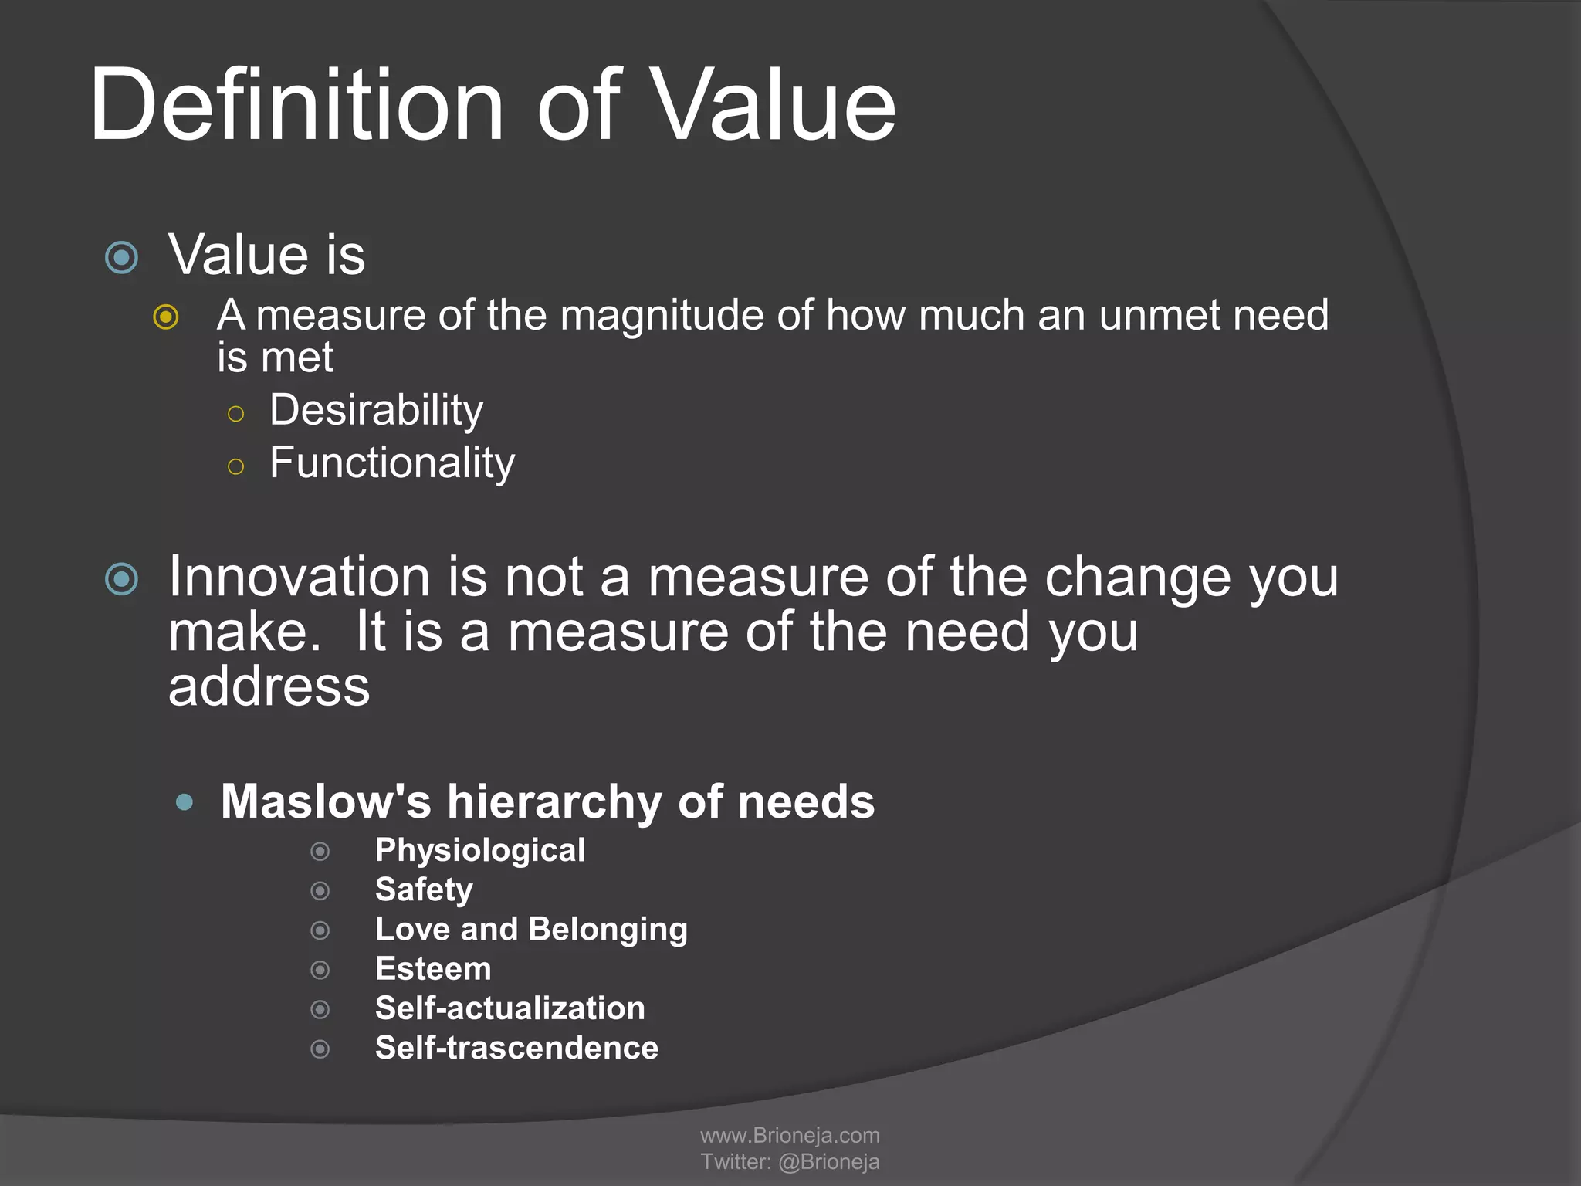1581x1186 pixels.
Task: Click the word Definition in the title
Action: click(297, 104)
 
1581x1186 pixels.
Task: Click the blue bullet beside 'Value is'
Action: click(122, 257)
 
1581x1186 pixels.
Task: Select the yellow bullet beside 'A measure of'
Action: click(166, 317)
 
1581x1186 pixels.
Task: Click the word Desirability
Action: click(376, 410)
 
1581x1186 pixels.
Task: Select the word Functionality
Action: click(391, 463)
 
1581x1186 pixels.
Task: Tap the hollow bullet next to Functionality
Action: click(236, 466)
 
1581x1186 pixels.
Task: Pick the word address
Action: click(269, 686)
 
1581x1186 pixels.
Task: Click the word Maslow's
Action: click(326, 801)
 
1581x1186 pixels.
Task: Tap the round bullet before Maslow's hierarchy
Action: click(185, 802)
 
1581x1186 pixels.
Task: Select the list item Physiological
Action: click(479, 850)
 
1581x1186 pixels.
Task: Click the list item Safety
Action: click(424, 889)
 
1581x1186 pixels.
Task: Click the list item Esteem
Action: click(433, 969)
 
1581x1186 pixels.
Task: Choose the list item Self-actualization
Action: click(510, 1008)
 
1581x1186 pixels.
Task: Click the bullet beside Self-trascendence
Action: click(320, 1049)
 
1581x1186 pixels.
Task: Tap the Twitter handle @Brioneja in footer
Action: click(828, 1162)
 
